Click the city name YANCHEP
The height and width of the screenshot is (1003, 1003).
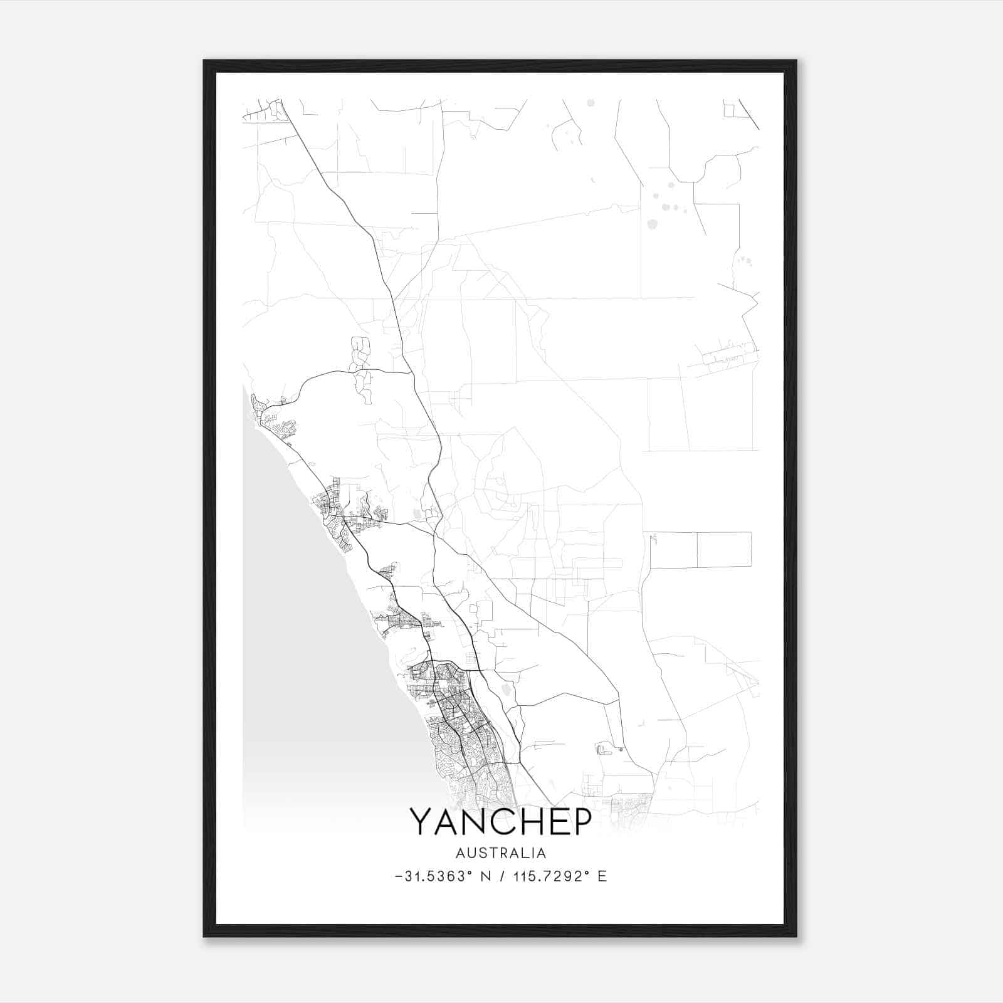(x=500, y=821)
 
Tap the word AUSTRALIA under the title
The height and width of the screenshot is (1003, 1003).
(x=501, y=853)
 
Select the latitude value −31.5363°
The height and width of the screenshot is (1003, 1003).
(x=433, y=876)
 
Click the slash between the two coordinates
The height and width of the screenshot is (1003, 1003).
(x=502, y=876)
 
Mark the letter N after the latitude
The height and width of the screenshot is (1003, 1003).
(x=485, y=876)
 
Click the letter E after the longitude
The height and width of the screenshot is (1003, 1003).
(x=602, y=876)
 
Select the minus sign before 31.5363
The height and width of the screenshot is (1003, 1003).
(x=399, y=876)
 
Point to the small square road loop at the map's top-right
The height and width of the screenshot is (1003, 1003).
(x=729, y=110)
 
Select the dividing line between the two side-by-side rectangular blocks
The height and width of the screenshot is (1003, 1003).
(x=697, y=550)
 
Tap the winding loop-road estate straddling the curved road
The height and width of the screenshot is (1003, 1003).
(x=360, y=370)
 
